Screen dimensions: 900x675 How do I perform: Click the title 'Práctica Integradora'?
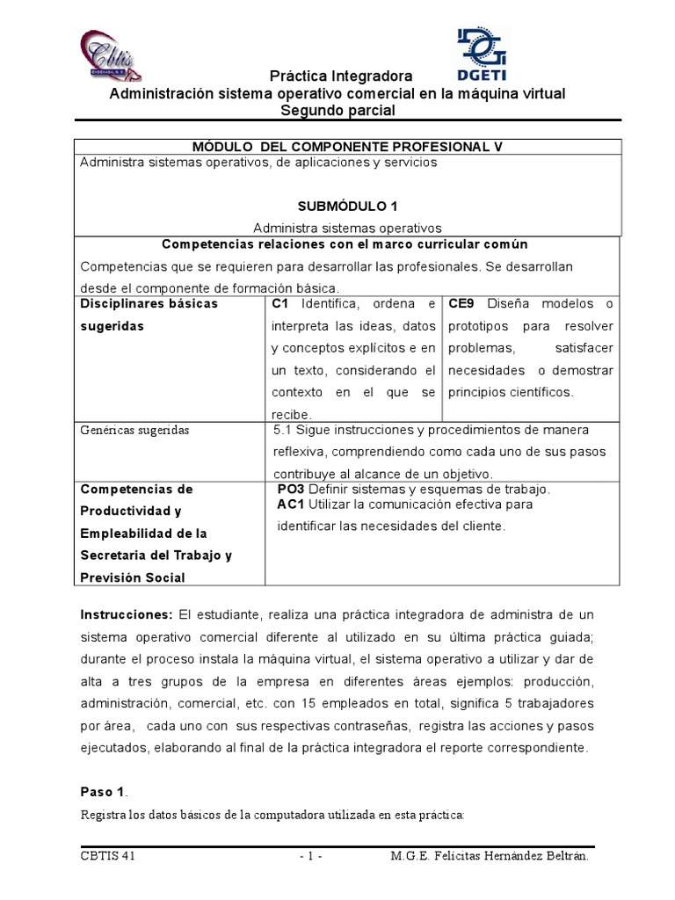tap(337, 77)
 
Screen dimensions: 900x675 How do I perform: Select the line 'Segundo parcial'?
tap(337, 110)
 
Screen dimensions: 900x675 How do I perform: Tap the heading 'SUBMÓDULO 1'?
tap(348, 207)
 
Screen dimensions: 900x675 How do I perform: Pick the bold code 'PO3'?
tap(291, 489)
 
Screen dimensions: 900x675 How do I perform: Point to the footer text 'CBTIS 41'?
tap(106, 855)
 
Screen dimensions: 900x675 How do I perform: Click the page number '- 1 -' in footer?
tap(311, 855)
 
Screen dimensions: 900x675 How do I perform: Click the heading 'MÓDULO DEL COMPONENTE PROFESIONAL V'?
tap(348, 146)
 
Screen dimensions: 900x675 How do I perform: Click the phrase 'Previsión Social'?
tap(132, 577)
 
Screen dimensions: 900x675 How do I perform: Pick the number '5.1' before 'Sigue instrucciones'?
tap(283, 430)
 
